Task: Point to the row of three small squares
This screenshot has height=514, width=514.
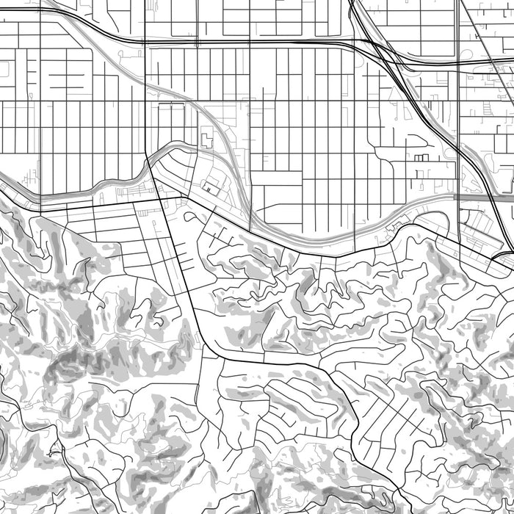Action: tap(421, 157)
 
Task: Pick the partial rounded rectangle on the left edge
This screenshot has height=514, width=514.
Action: tap(3, 70)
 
